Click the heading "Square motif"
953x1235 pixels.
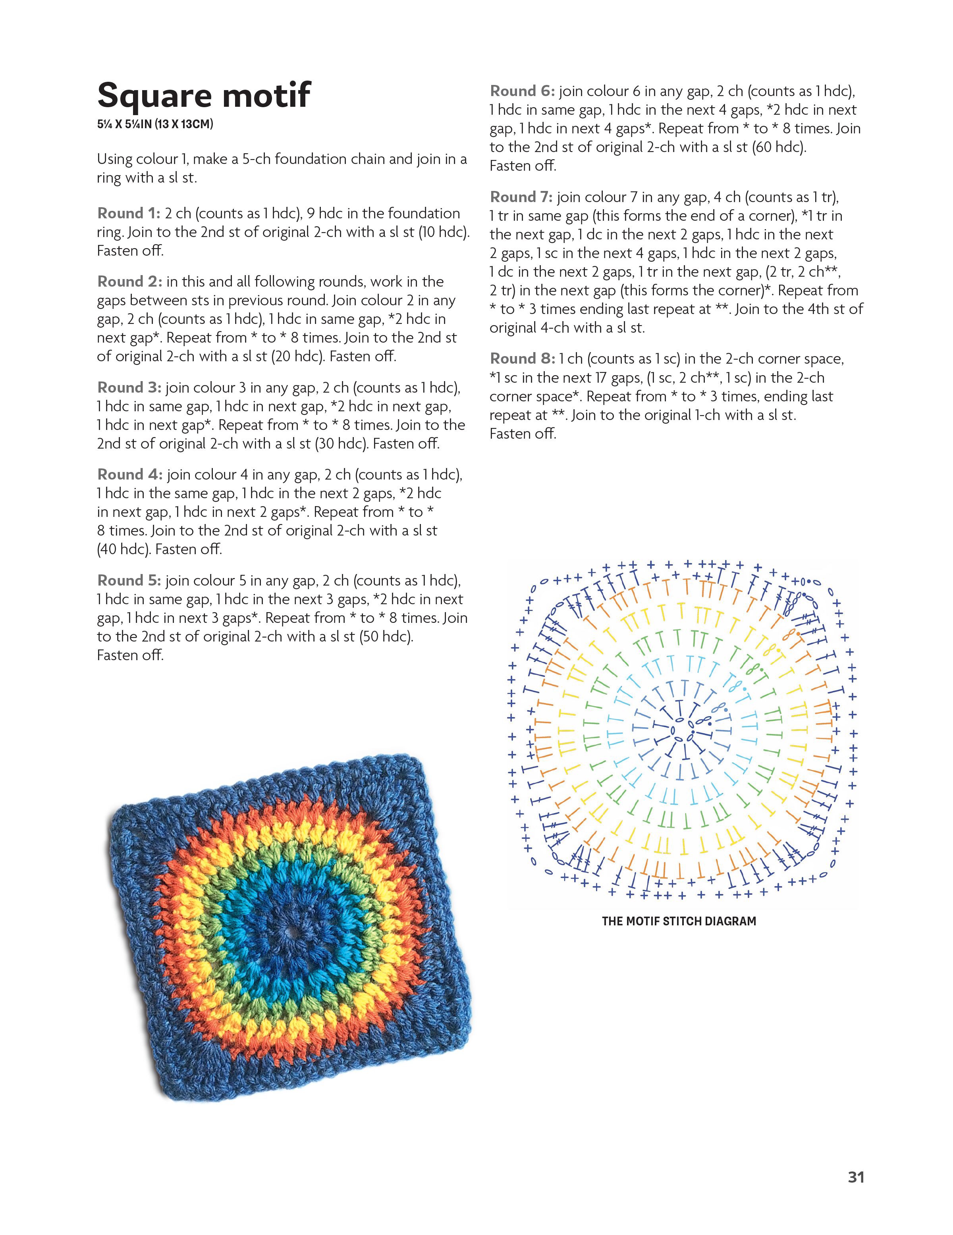click(x=204, y=95)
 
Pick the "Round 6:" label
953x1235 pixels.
click(x=523, y=91)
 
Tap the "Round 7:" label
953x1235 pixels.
click(x=521, y=197)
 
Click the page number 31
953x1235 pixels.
click(x=856, y=1177)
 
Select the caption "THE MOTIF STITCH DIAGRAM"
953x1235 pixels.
click(x=679, y=921)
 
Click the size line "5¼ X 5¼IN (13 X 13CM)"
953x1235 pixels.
click(x=155, y=124)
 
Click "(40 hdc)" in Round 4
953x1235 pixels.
click(x=122, y=549)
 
